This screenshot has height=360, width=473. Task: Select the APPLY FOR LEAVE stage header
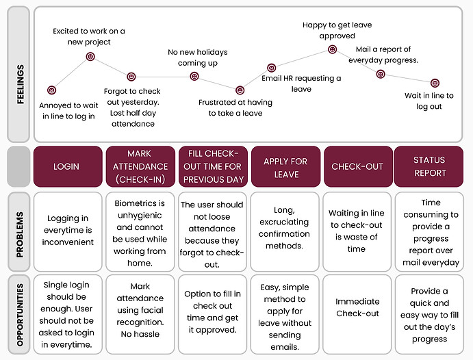coord(285,166)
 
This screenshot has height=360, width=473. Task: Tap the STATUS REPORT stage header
coord(429,166)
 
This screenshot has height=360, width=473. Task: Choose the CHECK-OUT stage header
coord(358,166)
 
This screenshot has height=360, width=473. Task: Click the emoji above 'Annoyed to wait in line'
coord(51,90)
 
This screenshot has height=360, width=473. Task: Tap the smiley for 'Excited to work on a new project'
coord(90,56)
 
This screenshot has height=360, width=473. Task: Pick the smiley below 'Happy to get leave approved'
coord(332,49)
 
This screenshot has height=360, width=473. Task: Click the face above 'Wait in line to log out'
coord(435,83)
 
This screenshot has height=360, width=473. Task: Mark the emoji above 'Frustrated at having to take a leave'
coord(240,90)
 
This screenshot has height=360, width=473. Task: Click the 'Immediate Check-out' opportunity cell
coord(357,314)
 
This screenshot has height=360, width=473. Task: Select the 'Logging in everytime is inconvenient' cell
coord(68,231)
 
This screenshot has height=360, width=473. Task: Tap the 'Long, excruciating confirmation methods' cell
coord(285,231)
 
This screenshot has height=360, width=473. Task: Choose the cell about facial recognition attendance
coord(140,314)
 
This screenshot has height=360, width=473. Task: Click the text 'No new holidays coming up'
coord(198,57)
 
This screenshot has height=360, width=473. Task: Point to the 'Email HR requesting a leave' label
coord(301,83)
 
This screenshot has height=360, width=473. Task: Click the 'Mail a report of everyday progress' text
coord(383,55)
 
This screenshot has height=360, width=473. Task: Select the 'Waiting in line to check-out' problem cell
coord(357,231)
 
